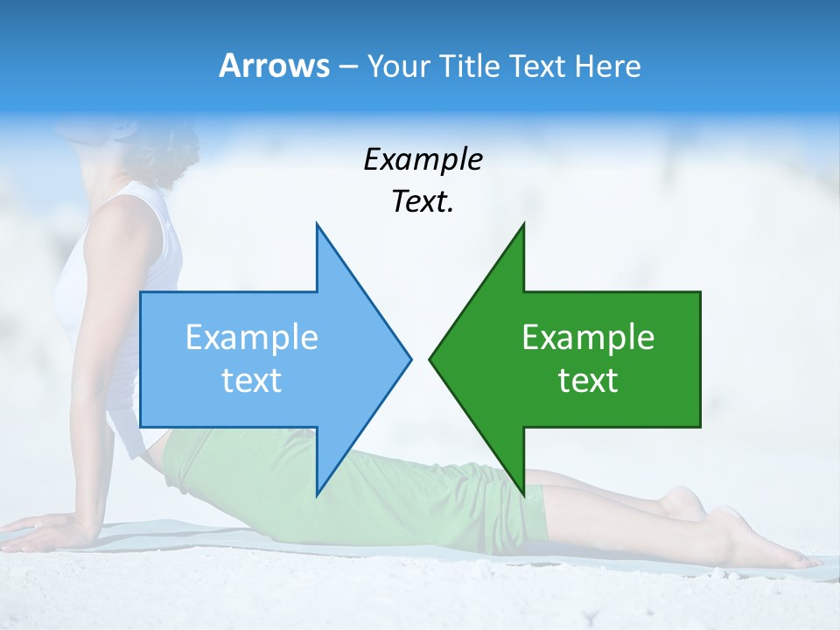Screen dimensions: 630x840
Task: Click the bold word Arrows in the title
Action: pos(275,66)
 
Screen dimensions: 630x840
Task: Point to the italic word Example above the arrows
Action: pos(423,160)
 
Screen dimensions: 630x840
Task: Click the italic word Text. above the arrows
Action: pos(423,202)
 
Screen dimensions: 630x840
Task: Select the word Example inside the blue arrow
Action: pos(252,338)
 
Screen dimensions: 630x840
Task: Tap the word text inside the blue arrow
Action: pos(252,381)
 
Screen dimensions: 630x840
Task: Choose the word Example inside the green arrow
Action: pos(588,338)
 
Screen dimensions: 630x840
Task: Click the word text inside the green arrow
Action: pos(588,381)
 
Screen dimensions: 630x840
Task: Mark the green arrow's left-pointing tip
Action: pos(432,358)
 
